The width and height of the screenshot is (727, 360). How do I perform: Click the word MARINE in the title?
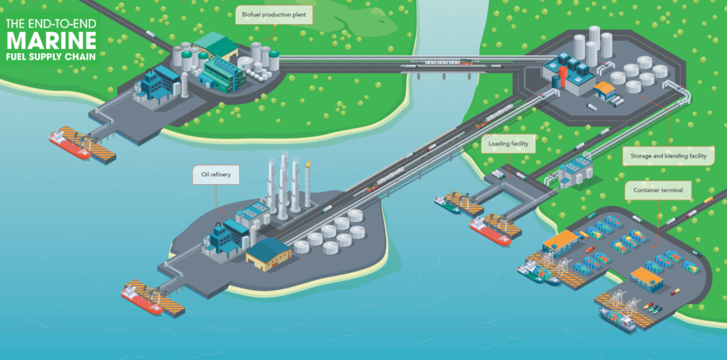(51, 41)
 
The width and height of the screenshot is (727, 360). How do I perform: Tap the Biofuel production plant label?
(274, 15)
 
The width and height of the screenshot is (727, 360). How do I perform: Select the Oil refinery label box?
(216, 175)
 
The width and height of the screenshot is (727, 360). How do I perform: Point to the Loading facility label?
(508, 144)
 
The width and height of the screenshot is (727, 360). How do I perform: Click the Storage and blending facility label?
(668, 156)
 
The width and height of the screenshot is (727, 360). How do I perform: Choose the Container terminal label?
(657, 190)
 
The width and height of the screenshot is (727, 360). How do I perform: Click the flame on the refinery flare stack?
(308, 164)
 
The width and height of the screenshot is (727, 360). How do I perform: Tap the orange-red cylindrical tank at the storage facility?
(563, 77)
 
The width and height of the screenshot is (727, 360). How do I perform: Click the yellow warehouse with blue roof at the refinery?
(269, 253)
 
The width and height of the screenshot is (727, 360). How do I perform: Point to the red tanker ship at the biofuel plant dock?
(70, 144)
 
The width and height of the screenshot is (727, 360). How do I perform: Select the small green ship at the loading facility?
(447, 204)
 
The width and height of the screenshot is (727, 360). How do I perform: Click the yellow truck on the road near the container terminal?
(708, 200)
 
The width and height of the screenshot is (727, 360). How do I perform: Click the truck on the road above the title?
(151, 34)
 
